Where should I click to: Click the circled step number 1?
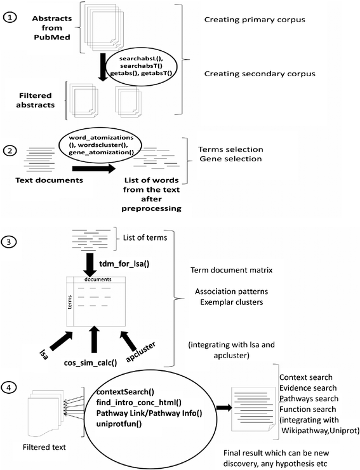tap(10, 18)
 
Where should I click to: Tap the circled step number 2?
tap(10, 151)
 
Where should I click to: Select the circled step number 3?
tap(8, 241)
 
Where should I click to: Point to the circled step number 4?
tap(9, 387)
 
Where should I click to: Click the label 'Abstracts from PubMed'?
tap(52, 28)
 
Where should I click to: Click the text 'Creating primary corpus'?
tap(255, 20)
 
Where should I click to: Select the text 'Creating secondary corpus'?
tap(260, 74)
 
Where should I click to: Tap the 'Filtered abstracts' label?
tap(36, 100)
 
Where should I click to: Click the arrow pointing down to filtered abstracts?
tap(103, 67)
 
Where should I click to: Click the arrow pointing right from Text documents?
tap(94, 168)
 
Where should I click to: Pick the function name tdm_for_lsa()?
tap(124, 264)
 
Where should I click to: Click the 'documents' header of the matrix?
tap(98, 279)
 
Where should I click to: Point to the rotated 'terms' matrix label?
tap(70, 302)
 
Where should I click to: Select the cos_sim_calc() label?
tap(90, 363)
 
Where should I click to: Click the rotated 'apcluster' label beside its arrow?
tap(140, 351)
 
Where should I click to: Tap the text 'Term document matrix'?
tap(231, 271)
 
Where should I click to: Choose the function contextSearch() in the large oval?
tap(125, 392)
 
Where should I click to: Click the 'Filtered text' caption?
tap(44, 447)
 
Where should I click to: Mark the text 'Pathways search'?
tap(309, 399)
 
